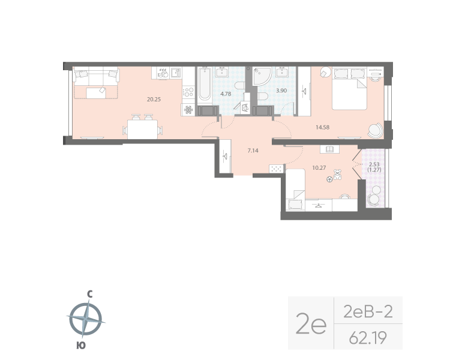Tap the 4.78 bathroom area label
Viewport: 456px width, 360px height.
(x=226, y=94)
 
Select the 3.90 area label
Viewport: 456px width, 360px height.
(x=281, y=91)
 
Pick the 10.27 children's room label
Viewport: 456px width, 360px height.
(x=319, y=167)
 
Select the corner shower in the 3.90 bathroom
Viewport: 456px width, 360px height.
(x=262, y=77)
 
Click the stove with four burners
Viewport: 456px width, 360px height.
(x=188, y=92)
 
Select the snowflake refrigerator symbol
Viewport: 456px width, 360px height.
(x=188, y=110)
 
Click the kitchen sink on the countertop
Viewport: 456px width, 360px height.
(x=174, y=73)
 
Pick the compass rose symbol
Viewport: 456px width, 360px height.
(x=88, y=319)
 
